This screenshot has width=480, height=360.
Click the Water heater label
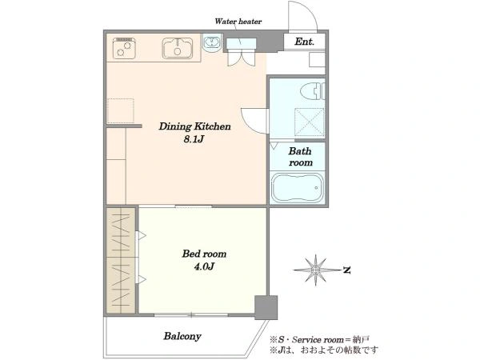tap(238, 22)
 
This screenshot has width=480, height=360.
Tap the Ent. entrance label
tap(304, 42)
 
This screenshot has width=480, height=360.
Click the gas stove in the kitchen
tap(124, 48)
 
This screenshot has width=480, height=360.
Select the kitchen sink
tap(178, 48)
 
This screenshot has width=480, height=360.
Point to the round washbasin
tap(212, 42)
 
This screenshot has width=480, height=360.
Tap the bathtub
tap(297, 188)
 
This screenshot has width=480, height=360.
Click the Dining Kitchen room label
tap(194, 126)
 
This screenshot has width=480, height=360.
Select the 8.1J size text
tap(194, 139)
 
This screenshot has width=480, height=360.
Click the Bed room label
tap(204, 254)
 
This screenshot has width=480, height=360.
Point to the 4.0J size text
tap(204, 266)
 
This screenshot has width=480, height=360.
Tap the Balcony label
tap(182, 336)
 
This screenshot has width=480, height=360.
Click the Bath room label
tap(300, 157)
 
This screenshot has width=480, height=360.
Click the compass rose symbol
tap(316, 270)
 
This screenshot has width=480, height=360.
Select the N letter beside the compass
tap(347, 270)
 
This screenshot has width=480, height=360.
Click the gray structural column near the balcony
tap(266, 308)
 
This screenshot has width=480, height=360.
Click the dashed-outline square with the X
tap(310, 122)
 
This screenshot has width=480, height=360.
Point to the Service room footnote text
tap(319, 339)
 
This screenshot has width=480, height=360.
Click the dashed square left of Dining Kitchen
tap(121, 111)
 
